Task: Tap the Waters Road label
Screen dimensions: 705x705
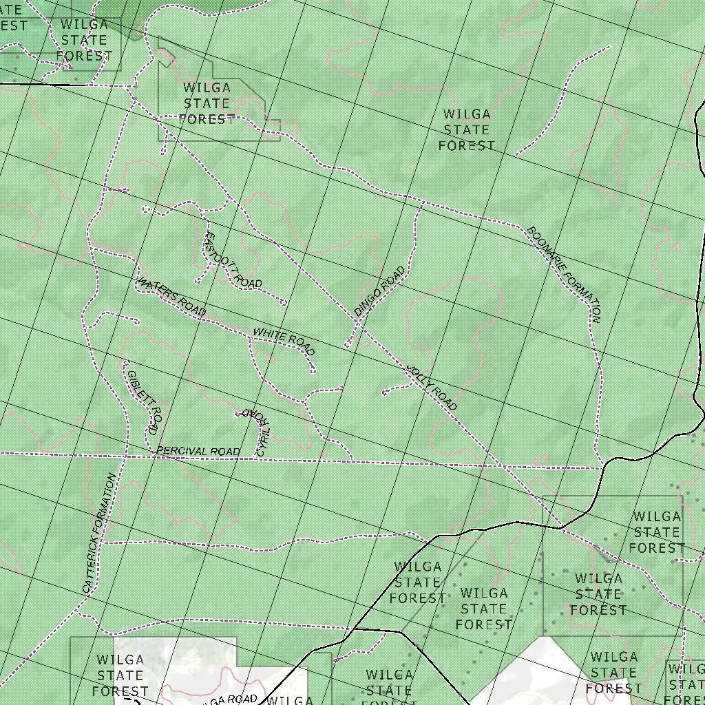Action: pyautogui.click(x=171, y=297)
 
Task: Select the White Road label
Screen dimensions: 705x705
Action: pyautogui.click(x=284, y=341)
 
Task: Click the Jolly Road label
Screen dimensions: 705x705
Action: pyautogui.click(x=432, y=388)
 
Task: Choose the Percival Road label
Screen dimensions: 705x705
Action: pyautogui.click(x=198, y=452)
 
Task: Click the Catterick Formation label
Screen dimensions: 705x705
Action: pyautogui.click(x=99, y=533)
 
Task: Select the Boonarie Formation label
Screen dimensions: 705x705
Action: pyautogui.click(x=564, y=274)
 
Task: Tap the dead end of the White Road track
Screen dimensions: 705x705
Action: pyautogui.click(x=313, y=372)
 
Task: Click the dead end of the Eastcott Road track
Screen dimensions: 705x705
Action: pyautogui.click(x=284, y=302)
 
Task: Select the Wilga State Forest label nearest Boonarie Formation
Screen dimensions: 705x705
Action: pyautogui.click(x=467, y=129)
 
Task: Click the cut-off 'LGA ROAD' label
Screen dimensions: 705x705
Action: pyautogui.click(x=231, y=699)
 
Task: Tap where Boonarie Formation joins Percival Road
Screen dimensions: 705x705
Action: pyautogui.click(x=602, y=467)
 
